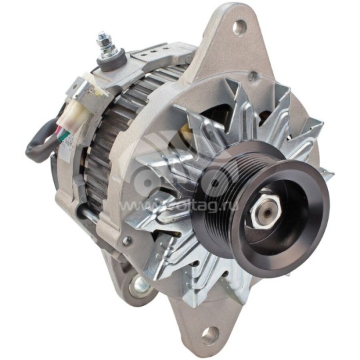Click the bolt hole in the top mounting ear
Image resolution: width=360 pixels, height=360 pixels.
[238, 28]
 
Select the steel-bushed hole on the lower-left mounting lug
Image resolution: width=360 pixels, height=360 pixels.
[140, 286]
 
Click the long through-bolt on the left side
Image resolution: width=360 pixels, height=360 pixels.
[97, 215]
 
